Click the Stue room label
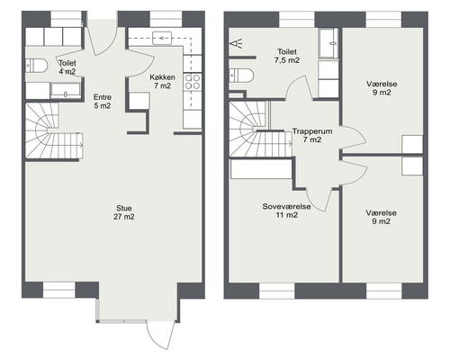(x=124, y=212)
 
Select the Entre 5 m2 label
(x=103, y=102)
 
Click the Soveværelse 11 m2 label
(x=286, y=211)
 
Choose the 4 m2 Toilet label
(x=67, y=67)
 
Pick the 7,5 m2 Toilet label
(x=287, y=56)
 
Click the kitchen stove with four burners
(x=193, y=82)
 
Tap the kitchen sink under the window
(x=162, y=38)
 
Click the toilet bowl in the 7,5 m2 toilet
(x=241, y=75)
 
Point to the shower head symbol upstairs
(x=236, y=44)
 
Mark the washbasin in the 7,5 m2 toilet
(x=329, y=43)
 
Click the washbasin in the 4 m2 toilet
(x=66, y=91)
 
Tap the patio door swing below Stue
(x=160, y=336)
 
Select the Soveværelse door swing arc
(x=320, y=200)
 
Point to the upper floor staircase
(x=260, y=129)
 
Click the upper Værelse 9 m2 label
(x=382, y=88)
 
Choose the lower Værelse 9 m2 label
(x=381, y=217)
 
